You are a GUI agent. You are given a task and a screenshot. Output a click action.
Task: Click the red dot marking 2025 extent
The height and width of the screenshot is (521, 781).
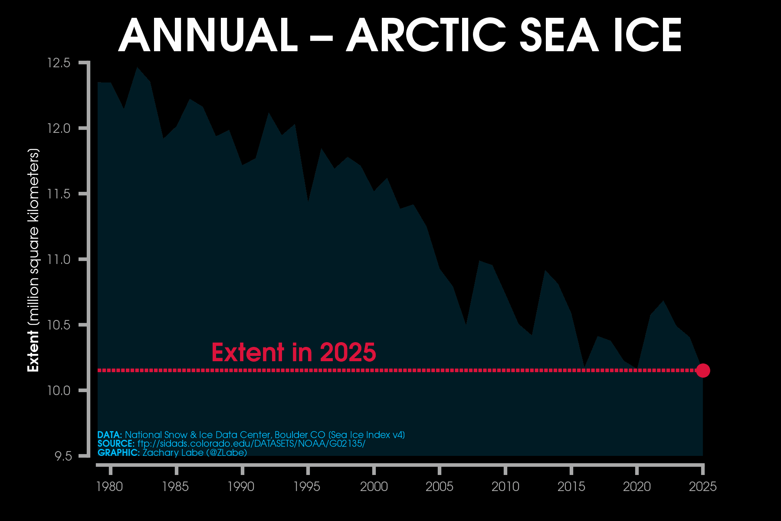tap(703, 370)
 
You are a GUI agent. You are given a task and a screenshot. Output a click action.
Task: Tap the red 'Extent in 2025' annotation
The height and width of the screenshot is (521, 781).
tap(293, 352)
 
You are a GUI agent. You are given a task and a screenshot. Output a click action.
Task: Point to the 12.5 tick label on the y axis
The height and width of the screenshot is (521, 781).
tap(59, 63)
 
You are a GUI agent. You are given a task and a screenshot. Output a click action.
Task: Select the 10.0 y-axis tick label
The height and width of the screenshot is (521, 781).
tap(59, 391)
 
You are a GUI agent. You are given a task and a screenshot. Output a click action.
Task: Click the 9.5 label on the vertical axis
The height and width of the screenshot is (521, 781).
tap(62, 456)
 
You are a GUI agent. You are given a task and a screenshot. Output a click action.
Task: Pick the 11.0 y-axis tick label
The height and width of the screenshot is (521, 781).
tap(59, 260)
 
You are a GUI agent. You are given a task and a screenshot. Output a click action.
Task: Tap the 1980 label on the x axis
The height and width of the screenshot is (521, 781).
tap(109, 487)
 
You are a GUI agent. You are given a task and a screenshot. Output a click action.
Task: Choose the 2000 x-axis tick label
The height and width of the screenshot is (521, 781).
tap(374, 487)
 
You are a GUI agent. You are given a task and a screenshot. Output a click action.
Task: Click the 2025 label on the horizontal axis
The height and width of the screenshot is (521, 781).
tap(703, 487)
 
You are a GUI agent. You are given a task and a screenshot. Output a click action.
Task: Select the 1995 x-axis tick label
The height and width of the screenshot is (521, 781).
tap(307, 487)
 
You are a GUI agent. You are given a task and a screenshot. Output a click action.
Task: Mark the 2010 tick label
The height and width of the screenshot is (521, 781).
tap(505, 487)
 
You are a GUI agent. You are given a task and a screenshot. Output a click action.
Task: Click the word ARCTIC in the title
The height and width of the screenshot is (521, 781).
tap(426, 36)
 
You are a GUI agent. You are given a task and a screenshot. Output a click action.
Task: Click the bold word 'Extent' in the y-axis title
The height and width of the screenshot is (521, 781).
tap(33, 351)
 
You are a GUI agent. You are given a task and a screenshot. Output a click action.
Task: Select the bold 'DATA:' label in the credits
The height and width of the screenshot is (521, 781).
tap(110, 435)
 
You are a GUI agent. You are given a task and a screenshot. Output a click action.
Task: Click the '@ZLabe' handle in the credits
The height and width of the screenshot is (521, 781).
tap(226, 453)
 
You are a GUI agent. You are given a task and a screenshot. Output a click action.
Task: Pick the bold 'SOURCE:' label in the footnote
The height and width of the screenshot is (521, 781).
tap(116, 444)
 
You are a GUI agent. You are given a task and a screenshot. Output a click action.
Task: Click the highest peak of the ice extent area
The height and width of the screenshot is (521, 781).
tap(137, 68)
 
